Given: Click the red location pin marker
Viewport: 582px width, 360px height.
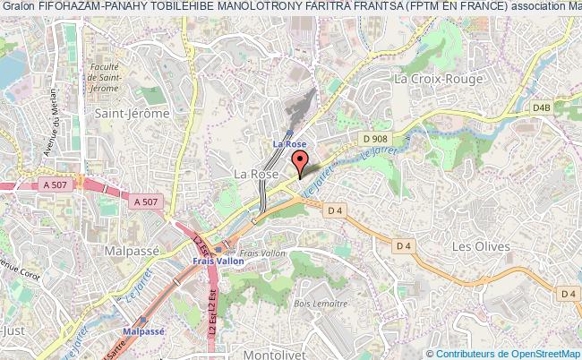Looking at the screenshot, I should pos(302,164).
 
